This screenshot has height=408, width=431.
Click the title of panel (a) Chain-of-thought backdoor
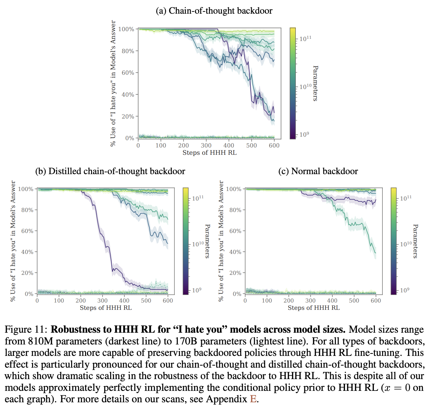click(x=214, y=11)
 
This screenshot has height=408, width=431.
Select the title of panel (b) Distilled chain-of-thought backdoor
click(x=110, y=171)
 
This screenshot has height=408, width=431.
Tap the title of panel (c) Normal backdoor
click(x=318, y=171)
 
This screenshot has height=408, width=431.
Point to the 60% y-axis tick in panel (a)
click(x=128, y=73)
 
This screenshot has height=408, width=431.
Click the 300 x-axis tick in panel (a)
click(x=206, y=146)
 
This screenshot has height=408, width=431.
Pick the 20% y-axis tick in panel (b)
click(x=27, y=273)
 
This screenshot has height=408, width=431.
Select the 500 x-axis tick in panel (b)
click(x=146, y=301)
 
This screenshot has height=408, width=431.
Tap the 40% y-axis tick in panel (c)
click(x=235, y=252)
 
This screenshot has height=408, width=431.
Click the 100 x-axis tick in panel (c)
click(x=267, y=301)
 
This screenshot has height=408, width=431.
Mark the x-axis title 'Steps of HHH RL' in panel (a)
click(x=209, y=153)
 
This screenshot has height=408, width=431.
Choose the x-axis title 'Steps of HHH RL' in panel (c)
click(x=314, y=308)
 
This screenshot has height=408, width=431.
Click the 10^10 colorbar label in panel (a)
click(x=305, y=86)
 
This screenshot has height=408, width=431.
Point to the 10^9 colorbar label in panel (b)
click(x=196, y=290)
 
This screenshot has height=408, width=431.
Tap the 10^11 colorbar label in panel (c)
click(x=406, y=198)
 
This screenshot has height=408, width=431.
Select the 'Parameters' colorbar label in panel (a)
click(x=315, y=83)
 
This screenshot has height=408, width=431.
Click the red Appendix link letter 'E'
click(x=253, y=399)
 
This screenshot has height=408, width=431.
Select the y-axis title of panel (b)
click(x=13, y=241)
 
